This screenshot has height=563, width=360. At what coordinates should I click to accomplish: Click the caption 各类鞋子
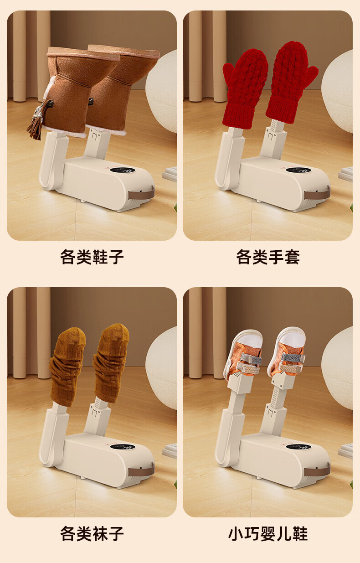[x=92, y=257]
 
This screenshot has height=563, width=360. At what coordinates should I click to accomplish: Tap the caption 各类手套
[x=268, y=257]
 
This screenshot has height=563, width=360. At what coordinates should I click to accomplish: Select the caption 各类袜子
[x=92, y=533]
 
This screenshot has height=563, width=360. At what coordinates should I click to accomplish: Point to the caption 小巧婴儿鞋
[x=268, y=533]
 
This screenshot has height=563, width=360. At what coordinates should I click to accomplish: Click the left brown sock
[x=67, y=366]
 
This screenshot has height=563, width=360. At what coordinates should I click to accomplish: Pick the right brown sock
[x=111, y=362]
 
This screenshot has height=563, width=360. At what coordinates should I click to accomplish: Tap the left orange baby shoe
[x=243, y=354]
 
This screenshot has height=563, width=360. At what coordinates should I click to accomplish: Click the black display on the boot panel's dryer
[x=123, y=170]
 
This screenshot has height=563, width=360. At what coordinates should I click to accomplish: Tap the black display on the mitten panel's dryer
[x=298, y=170]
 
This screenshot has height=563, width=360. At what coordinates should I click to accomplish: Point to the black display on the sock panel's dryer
[x=123, y=447]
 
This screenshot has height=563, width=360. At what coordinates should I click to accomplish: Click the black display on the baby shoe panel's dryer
[x=298, y=447]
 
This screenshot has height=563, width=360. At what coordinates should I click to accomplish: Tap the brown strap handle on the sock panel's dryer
[x=141, y=470]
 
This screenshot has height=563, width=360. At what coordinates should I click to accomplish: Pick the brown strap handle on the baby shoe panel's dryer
[x=317, y=470]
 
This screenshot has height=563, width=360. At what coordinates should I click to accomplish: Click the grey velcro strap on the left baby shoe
[x=251, y=358]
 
